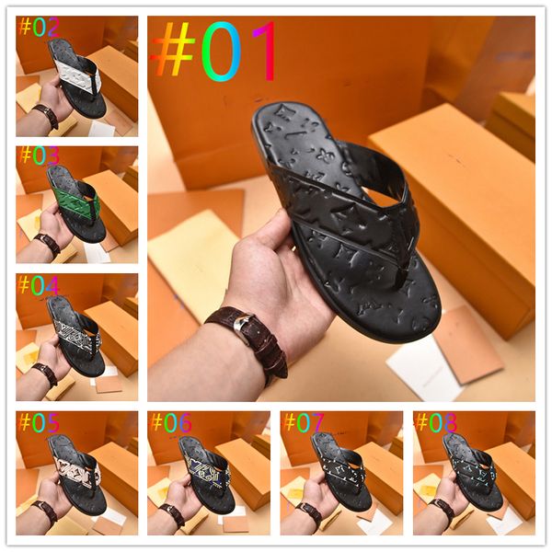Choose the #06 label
click(172, 422)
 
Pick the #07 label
click(305, 422)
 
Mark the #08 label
click(437, 422)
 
